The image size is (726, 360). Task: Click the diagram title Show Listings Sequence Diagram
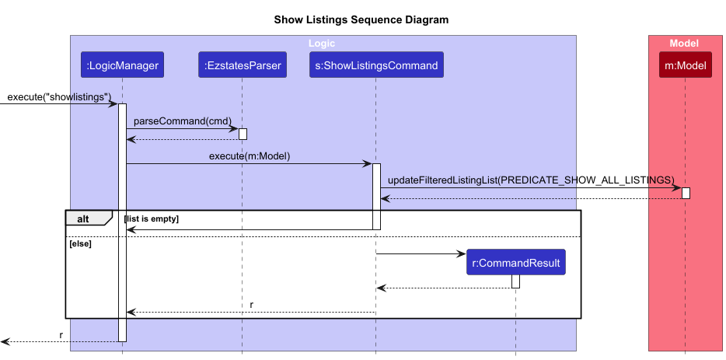[x=361, y=19]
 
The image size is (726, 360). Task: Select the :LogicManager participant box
[x=122, y=66]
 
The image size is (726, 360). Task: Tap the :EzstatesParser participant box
[x=242, y=66]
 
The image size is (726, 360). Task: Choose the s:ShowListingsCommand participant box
[x=375, y=66]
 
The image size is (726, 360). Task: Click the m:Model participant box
[x=685, y=66]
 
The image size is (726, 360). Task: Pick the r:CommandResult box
[x=515, y=263]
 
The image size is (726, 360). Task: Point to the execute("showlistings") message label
[x=60, y=97]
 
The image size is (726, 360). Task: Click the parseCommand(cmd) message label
[x=183, y=121]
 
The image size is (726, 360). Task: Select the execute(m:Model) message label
[x=249, y=156]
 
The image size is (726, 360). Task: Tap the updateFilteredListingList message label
[x=531, y=180]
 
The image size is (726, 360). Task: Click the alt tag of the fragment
[x=82, y=218]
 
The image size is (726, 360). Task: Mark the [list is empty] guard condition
[x=152, y=219]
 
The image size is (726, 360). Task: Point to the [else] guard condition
[x=80, y=243]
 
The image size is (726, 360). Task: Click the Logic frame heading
[x=322, y=44]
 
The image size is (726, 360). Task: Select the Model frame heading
[x=684, y=44]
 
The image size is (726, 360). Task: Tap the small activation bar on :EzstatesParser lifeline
[x=243, y=134]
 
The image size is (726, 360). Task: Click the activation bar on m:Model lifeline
[x=686, y=192]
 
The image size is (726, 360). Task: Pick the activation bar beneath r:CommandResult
[x=515, y=281]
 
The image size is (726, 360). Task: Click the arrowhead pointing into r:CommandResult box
[x=462, y=253]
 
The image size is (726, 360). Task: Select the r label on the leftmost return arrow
[x=61, y=335]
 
